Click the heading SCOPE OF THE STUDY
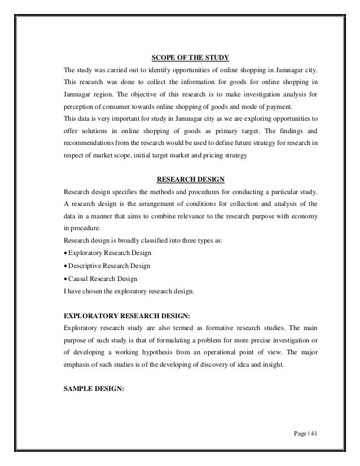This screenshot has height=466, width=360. pos(190,57)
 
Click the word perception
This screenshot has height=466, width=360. pos(81,107)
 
